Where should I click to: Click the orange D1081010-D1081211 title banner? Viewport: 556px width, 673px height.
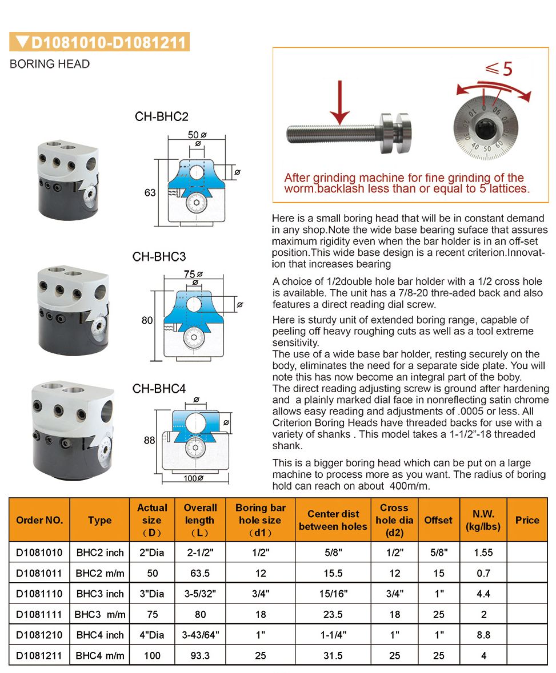tap(99, 42)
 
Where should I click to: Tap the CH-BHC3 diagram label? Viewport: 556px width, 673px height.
tap(159, 256)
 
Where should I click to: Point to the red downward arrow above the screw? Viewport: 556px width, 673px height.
tap(341, 102)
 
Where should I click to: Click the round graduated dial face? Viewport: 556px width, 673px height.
tap(485, 130)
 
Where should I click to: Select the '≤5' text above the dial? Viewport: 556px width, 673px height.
tap(499, 68)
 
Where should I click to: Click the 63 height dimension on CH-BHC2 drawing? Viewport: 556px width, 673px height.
tap(150, 193)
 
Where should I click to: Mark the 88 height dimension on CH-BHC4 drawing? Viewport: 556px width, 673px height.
tap(149, 440)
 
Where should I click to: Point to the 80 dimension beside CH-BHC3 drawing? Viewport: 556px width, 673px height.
tap(147, 320)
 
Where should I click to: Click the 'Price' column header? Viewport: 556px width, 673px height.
tap(527, 520)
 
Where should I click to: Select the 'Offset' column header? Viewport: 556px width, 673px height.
tap(438, 520)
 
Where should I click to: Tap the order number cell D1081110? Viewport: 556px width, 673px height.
tap(39, 594)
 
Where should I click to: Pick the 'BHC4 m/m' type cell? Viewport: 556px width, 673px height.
tap(100, 655)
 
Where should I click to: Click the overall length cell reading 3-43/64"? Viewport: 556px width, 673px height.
tap(199, 635)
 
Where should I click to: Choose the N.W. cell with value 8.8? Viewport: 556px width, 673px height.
tap(483, 635)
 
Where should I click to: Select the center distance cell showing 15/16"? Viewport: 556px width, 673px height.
tap(333, 594)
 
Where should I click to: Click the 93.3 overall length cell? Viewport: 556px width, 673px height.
tap(199, 655)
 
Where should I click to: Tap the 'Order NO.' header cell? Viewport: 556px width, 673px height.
tap(39, 520)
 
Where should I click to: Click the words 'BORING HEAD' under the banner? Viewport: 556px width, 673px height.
tap(50, 64)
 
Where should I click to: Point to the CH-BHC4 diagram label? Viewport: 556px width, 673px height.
tap(159, 389)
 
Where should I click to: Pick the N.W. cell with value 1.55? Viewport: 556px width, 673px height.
tap(483, 553)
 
